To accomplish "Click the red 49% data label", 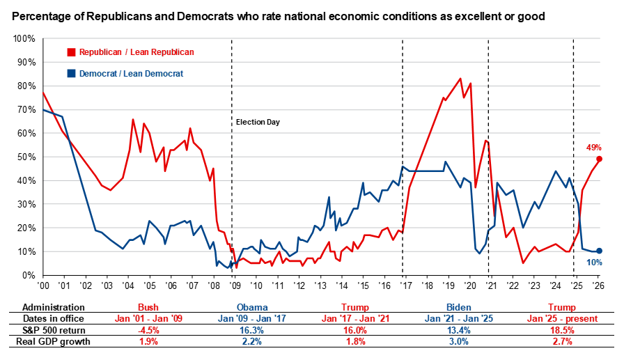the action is tap(594, 148).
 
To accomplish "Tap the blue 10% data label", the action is tap(594, 263).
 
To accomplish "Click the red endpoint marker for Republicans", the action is tap(599, 159).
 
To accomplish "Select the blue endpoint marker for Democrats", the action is tap(599, 251).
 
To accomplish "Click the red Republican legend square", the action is tap(71, 52).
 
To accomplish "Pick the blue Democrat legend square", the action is tap(71, 74).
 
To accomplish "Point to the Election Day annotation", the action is tap(258, 122).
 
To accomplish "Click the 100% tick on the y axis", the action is tap(24, 38).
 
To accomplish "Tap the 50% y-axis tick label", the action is tap(26, 157).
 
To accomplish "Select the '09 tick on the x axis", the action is tap(235, 285).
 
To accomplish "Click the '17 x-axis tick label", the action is tap(405, 285).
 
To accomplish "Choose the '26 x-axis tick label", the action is tap(598, 285).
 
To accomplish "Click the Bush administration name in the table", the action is tap(148, 308).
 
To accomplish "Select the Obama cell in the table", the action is tap(252, 308).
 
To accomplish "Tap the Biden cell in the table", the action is tap(459, 308).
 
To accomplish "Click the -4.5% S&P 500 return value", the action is tap(148, 331).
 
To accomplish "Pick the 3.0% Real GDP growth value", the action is tap(459, 342).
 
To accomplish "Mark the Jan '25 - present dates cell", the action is tap(562, 319).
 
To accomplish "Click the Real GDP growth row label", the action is tap(53, 342).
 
